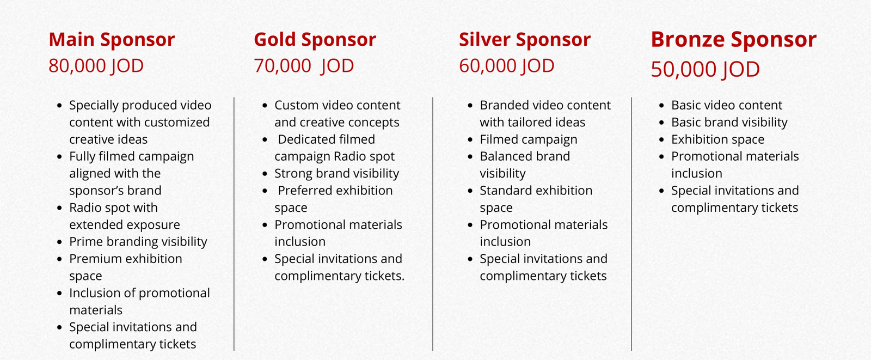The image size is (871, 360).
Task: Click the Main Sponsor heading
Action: tap(112, 40)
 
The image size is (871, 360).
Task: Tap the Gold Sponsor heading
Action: tap(315, 40)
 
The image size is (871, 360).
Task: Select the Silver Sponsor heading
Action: tap(525, 40)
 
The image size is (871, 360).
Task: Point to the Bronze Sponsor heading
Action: tap(734, 40)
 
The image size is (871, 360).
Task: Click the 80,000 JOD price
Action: tap(96, 66)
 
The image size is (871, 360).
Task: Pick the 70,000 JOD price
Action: tap(304, 66)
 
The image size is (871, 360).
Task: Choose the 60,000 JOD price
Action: tap(507, 66)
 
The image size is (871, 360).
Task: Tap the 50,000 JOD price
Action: tap(706, 70)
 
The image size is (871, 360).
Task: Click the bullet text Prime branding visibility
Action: tap(138, 242)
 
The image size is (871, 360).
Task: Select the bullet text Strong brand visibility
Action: tap(337, 173)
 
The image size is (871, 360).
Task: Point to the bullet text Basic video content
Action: tap(727, 105)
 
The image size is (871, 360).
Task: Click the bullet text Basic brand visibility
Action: tap(729, 122)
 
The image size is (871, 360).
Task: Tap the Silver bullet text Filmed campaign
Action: tap(529, 139)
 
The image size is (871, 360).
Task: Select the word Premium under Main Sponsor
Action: tap(96, 259)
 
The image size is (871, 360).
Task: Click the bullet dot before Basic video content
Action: tap(662, 106)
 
